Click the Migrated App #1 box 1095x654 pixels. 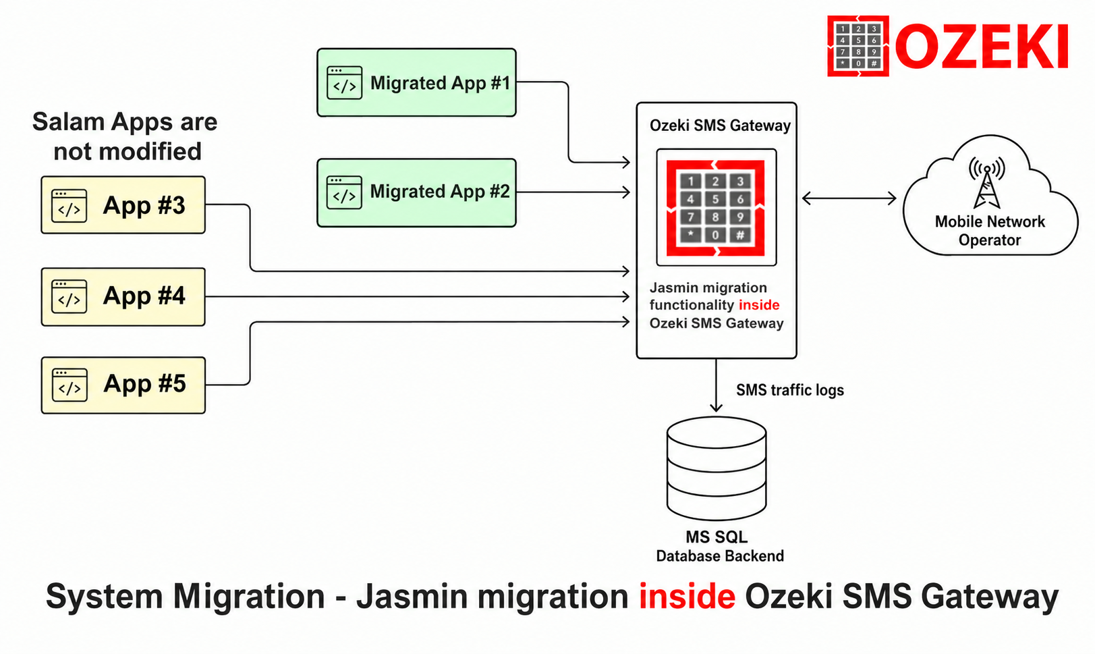click(416, 82)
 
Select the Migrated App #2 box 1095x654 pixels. click(416, 192)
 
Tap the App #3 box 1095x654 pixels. click(123, 205)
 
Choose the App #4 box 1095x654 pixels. click(123, 296)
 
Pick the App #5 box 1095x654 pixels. click(123, 385)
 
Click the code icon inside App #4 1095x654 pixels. click(69, 296)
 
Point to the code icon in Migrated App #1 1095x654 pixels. click(345, 82)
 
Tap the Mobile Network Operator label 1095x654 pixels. click(990, 231)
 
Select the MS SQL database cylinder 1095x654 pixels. click(717, 468)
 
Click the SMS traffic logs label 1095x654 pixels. click(790, 390)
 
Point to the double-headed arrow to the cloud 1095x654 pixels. click(849, 198)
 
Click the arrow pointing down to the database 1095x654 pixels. click(716, 385)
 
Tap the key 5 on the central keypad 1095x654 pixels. click(716, 199)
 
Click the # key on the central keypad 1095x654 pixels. click(740, 235)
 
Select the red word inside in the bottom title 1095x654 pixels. click(687, 596)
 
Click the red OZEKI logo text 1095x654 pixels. click(982, 47)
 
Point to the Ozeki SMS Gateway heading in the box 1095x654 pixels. click(720, 126)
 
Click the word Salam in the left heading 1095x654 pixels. click(67, 121)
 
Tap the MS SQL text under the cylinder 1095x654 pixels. click(717, 537)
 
